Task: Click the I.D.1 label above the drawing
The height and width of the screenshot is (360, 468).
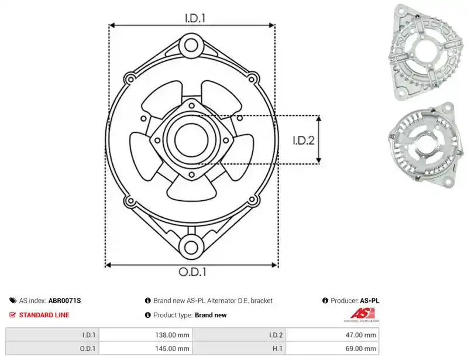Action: pos(195,18)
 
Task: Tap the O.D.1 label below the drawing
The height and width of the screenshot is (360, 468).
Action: pos(192,272)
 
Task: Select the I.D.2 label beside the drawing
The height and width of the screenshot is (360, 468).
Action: pos(303,140)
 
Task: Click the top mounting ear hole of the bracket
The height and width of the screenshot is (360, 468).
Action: pos(191,46)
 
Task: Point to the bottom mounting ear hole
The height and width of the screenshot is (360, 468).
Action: pos(191,248)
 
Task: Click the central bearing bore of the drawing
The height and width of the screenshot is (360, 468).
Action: pos(191,140)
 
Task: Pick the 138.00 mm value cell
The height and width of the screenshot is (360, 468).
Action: pos(172,335)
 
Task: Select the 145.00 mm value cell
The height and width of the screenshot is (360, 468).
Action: pos(172,348)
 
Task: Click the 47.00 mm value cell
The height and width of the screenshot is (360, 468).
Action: pos(361,335)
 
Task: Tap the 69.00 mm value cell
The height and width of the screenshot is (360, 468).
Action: pos(361,348)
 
